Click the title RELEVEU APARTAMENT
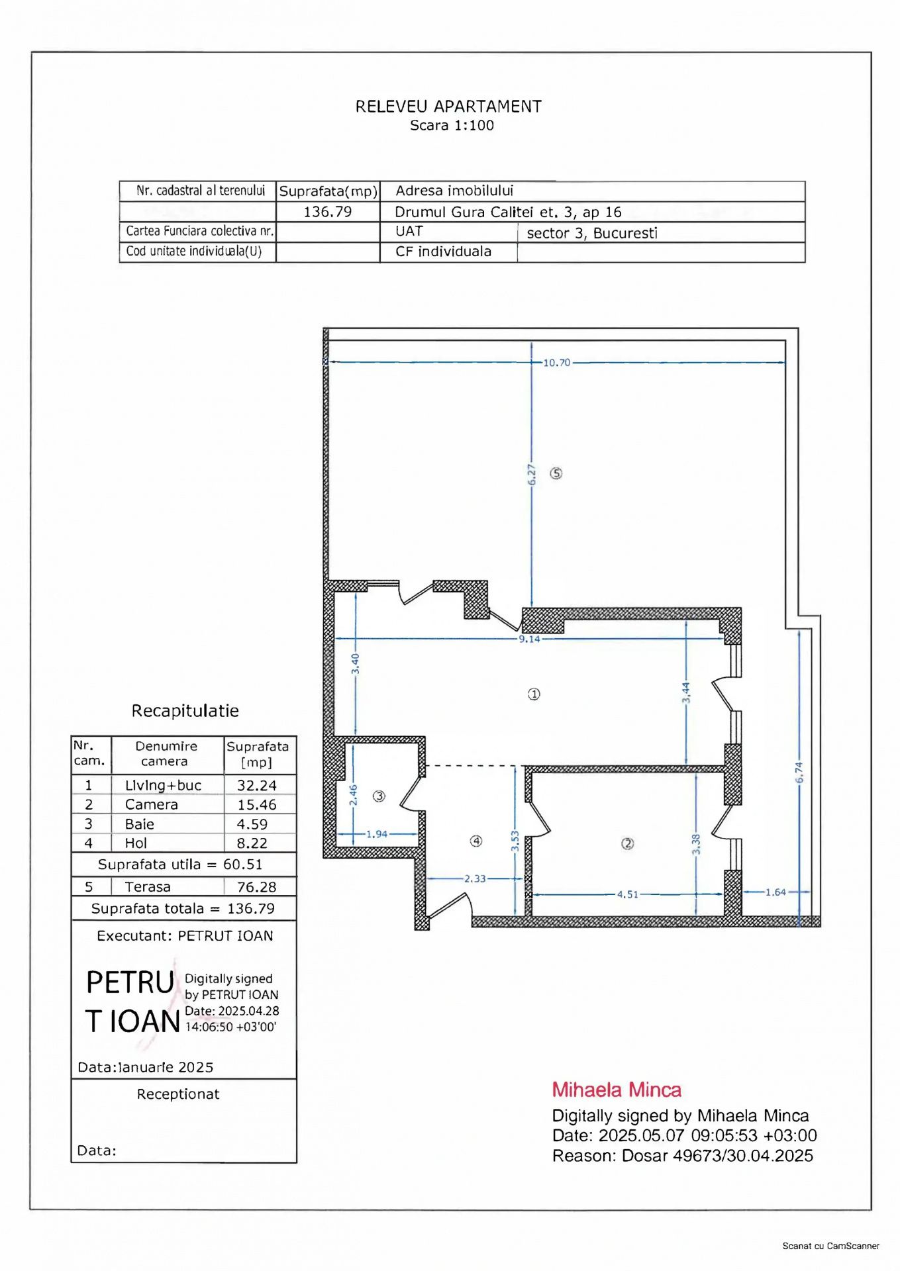click(448, 107)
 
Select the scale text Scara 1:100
click(452, 125)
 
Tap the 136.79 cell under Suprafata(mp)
click(327, 212)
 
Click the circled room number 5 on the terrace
click(556, 473)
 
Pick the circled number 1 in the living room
click(534, 694)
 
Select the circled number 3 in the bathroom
click(379, 796)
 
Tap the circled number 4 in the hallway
click(475, 841)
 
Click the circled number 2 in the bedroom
click(627, 843)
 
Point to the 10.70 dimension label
click(556, 363)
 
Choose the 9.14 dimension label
click(529, 639)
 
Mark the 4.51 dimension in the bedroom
click(628, 894)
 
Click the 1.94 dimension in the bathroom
click(377, 834)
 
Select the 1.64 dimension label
click(775, 892)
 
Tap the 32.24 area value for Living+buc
click(257, 785)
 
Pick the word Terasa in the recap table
click(148, 887)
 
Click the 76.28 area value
click(257, 887)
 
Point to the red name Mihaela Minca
click(617, 1090)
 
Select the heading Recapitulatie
click(185, 711)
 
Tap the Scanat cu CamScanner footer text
click(830, 1246)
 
